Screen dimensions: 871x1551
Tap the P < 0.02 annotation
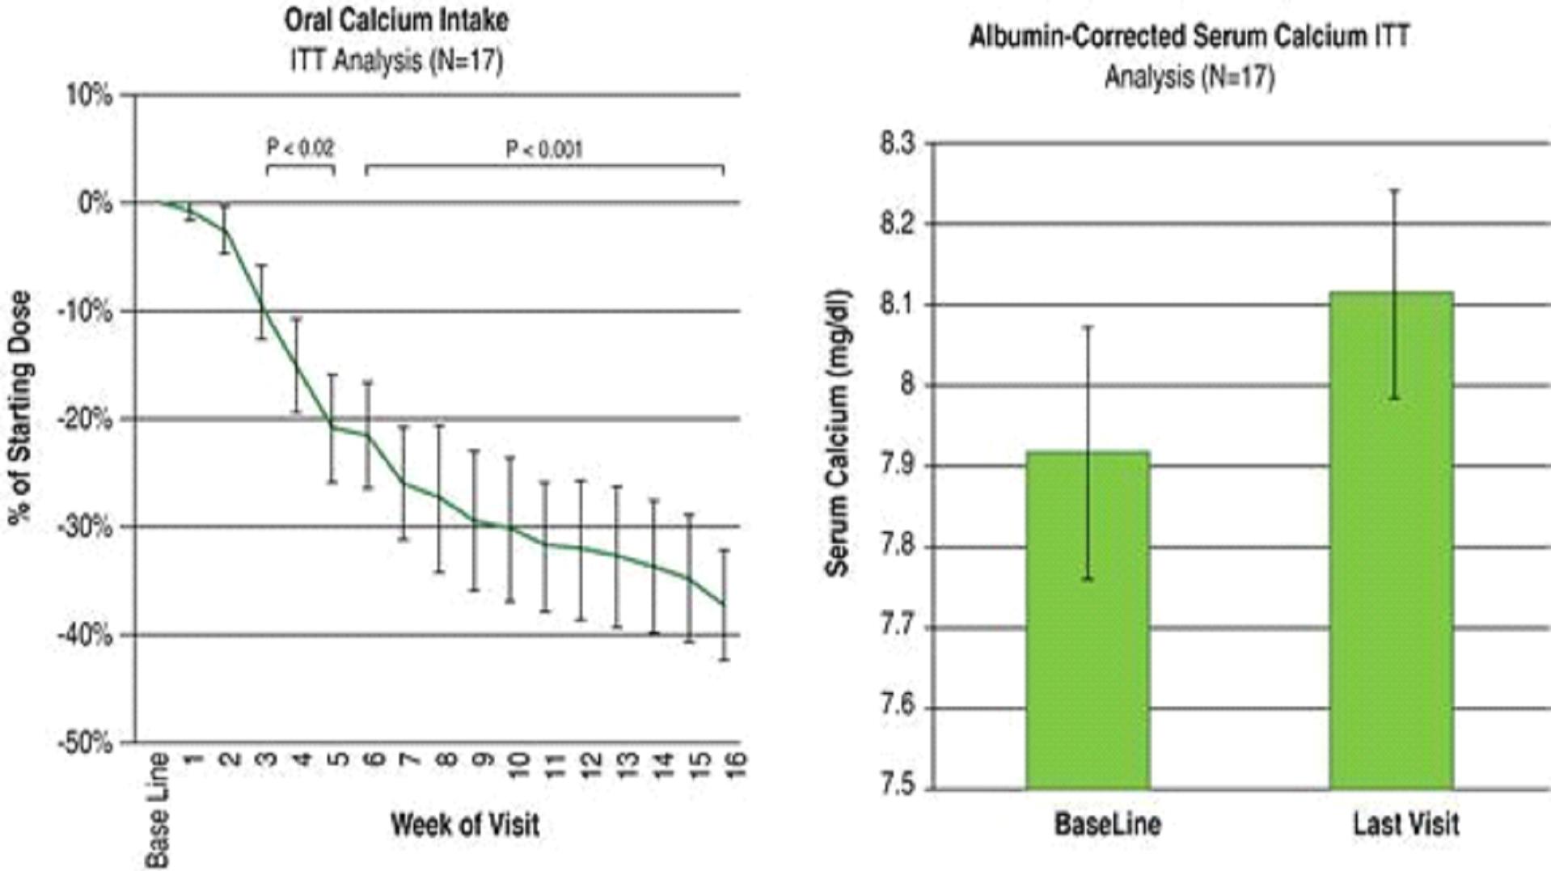coord(300,148)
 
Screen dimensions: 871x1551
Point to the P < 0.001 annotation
coord(543,150)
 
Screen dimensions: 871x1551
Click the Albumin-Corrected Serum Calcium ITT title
coord(1190,37)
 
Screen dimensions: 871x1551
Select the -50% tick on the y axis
coord(85,742)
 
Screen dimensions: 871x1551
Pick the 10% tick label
coord(89,95)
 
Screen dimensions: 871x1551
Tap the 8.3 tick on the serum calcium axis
coord(897,144)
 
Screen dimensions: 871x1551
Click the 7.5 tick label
coord(897,786)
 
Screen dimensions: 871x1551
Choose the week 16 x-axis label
coord(736,764)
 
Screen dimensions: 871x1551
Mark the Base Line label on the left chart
coord(158,810)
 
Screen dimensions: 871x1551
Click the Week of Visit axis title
coord(465,825)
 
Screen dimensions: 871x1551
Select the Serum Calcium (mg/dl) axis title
coord(838,433)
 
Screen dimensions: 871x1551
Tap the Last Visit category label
coord(1406,824)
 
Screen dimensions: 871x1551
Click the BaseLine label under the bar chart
coord(1107,824)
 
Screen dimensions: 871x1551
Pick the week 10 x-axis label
coord(518,764)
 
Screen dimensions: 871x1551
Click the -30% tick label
coord(85,527)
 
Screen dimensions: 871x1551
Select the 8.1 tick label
coord(897,305)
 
